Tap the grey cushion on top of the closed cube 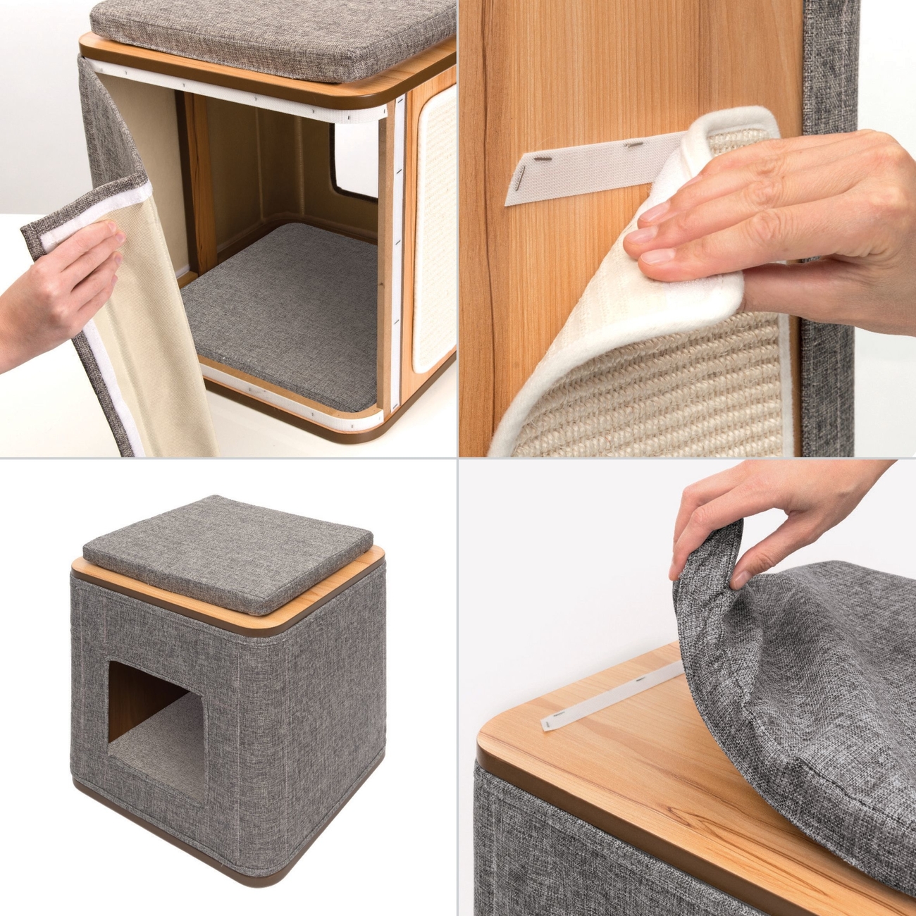[x=225, y=550]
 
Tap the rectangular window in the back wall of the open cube [x=349, y=169]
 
